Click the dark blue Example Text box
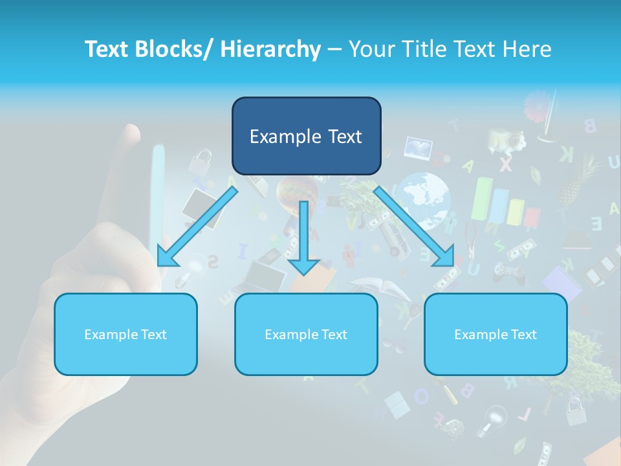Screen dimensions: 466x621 [306, 136]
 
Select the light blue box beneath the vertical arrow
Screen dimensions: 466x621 [306, 334]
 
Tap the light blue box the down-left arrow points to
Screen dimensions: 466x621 [125, 334]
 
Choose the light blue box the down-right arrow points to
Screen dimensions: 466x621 [496, 334]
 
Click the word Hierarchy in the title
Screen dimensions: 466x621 [270, 49]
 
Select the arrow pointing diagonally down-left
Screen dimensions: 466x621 [197, 227]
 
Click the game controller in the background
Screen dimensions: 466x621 [508, 272]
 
